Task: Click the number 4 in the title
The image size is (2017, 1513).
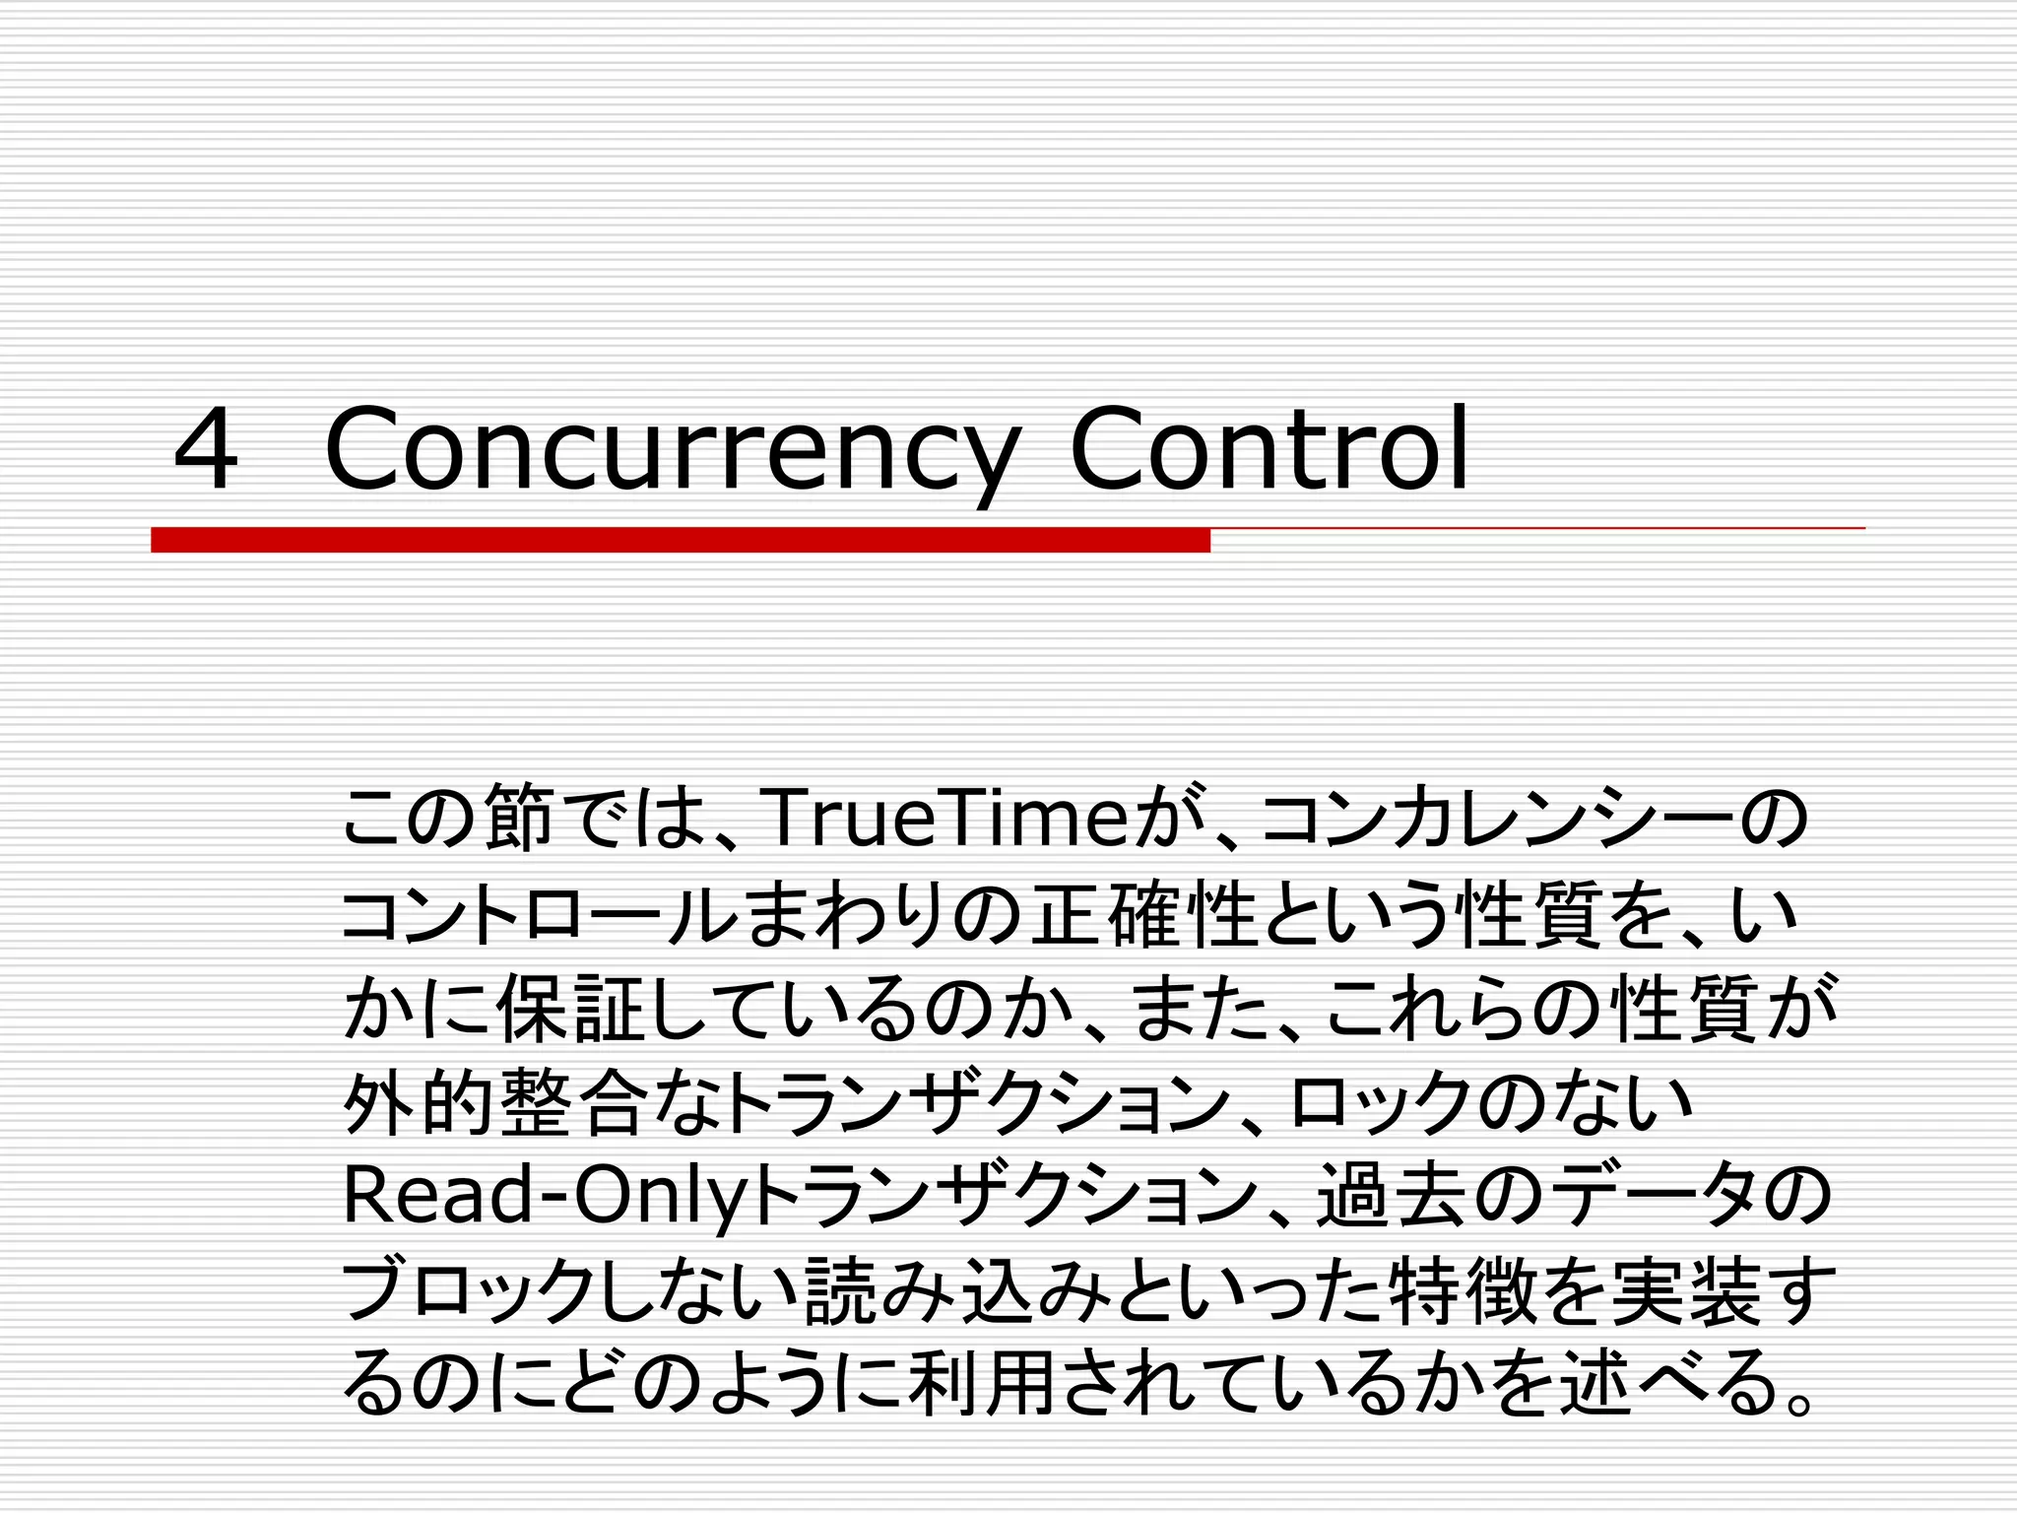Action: pyautogui.click(x=206, y=449)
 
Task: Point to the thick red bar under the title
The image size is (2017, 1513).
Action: pyautogui.click(x=680, y=540)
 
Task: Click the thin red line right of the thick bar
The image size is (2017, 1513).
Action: pyautogui.click(x=1536, y=529)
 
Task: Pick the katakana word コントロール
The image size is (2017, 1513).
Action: pyautogui.click(x=538, y=915)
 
